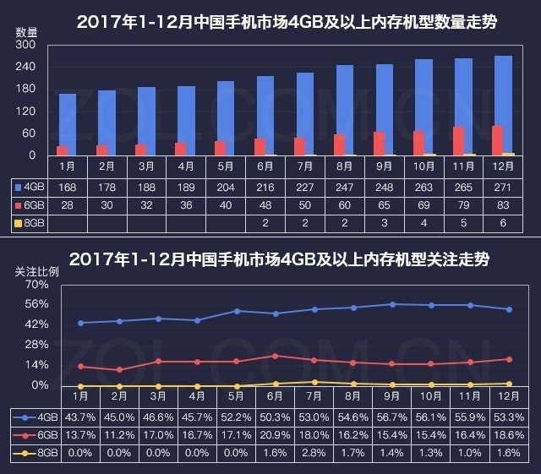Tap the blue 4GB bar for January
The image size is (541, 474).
tap(68, 124)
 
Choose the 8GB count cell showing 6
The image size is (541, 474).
tap(503, 223)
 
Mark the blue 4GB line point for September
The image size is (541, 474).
tap(391, 304)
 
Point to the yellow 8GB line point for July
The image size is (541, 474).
tap(314, 382)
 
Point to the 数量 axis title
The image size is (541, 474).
tap(26, 31)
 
